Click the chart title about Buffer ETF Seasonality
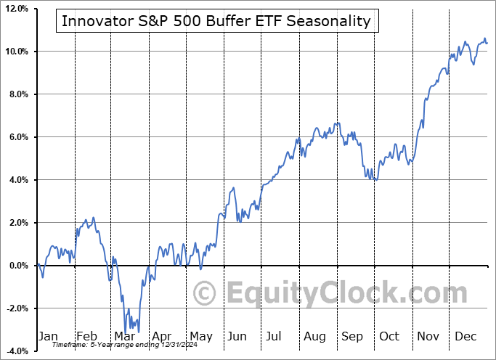(x=216, y=21)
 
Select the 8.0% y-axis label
(x=16, y=94)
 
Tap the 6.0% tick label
(x=16, y=137)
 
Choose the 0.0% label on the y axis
(x=16, y=266)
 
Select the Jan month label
(x=48, y=336)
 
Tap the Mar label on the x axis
(x=124, y=336)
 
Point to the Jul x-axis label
(x=275, y=336)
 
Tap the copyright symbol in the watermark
(x=204, y=294)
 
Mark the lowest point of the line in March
(x=126, y=333)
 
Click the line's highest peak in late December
(x=484, y=38)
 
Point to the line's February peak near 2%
(x=85, y=218)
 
